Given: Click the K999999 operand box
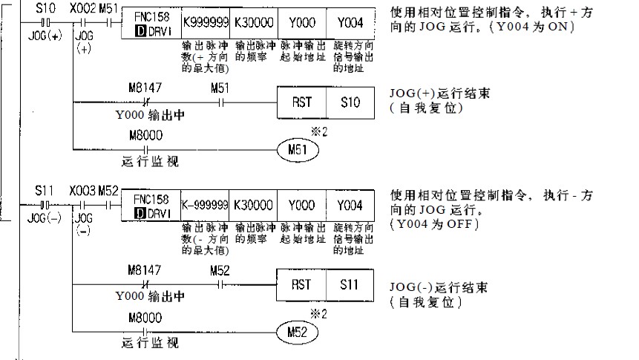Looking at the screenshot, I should tap(205, 22).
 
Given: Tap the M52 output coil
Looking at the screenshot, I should tap(297, 332).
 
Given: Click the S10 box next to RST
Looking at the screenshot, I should tap(350, 102).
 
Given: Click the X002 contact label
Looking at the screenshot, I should tap(82, 7).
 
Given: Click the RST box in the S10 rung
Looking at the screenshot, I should tap(301, 102).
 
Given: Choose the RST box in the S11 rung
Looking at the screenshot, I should tap(301, 284).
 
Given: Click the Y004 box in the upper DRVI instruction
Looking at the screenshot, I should tap(350, 22).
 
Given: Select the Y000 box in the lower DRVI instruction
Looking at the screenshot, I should tap(301, 205).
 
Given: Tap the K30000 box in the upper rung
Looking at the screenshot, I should tap(252, 22).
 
